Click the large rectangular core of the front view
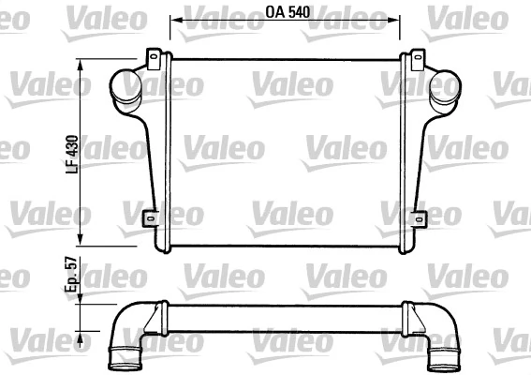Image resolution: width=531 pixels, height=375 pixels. point(286,150)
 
